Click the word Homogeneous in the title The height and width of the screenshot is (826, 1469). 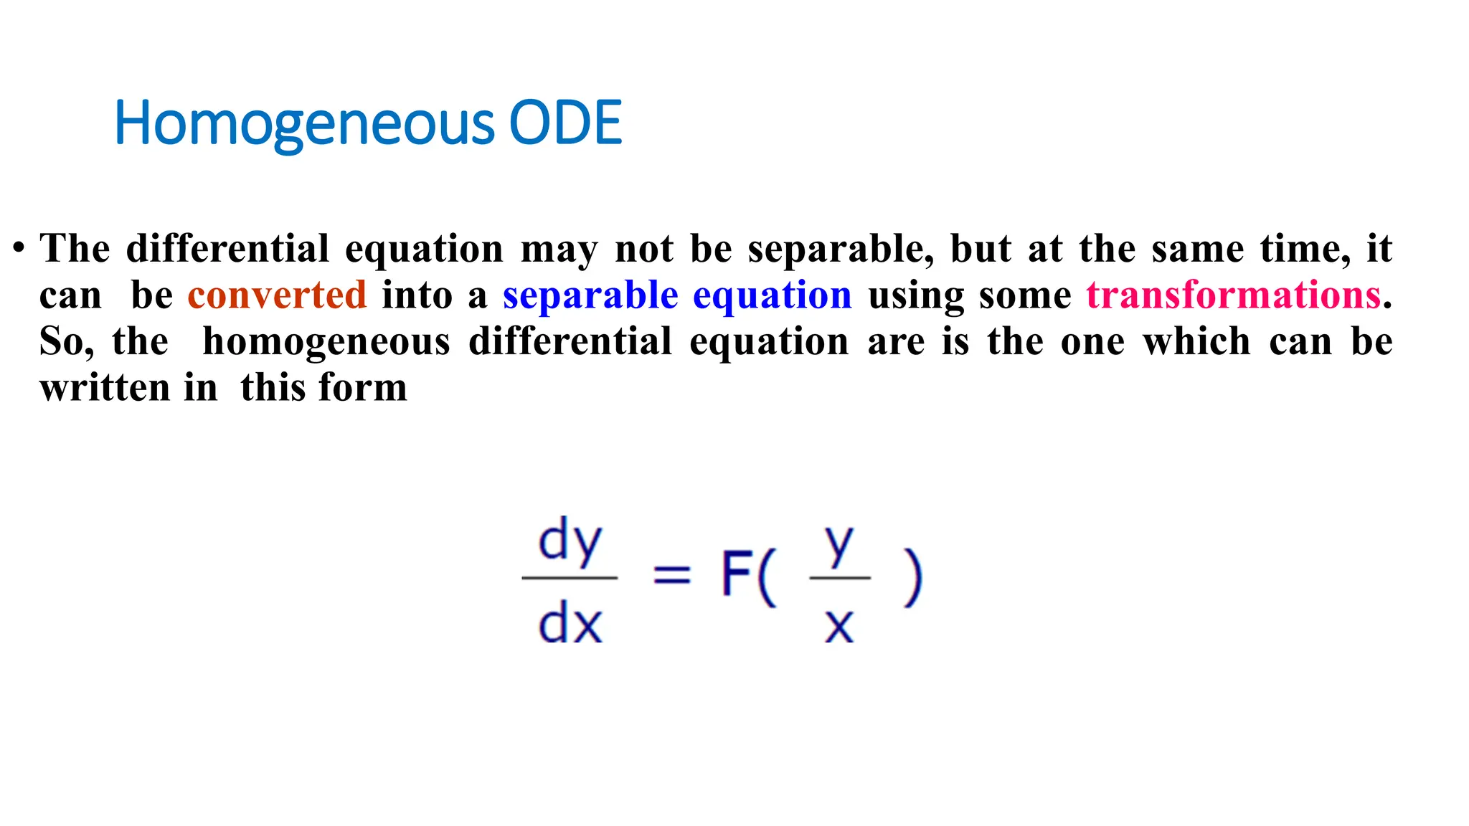click(x=304, y=123)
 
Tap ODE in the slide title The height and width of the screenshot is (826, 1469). click(x=565, y=123)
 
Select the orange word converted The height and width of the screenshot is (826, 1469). click(x=277, y=295)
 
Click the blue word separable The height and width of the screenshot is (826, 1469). click(x=590, y=295)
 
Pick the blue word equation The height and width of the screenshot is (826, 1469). click(x=773, y=295)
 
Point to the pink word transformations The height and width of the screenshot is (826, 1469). click(x=1234, y=295)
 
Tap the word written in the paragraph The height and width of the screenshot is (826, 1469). click(x=104, y=387)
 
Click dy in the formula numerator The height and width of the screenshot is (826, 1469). click(x=570, y=541)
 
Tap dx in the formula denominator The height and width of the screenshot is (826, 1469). click(x=570, y=622)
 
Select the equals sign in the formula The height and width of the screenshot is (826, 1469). click(x=672, y=574)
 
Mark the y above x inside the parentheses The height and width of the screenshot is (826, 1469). click(x=839, y=544)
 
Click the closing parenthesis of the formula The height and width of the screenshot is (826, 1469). click(x=912, y=577)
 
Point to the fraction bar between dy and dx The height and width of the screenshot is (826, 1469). click(x=570, y=577)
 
